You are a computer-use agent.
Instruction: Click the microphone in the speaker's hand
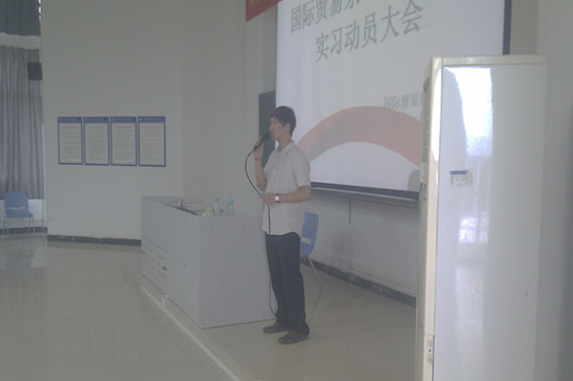click(x=260, y=142)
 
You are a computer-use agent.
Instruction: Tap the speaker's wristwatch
click(x=278, y=198)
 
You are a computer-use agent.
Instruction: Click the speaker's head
click(x=283, y=121)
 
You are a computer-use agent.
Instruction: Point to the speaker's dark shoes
click(x=286, y=334)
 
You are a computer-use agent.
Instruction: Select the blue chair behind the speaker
click(x=309, y=235)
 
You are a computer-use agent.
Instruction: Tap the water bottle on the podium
click(x=230, y=204)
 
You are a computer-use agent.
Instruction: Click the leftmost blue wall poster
click(x=70, y=140)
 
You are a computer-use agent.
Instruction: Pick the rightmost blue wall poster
click(x=152, y=141)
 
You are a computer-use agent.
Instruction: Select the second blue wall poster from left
click(x=97, y=140)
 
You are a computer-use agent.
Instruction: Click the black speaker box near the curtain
click(x=35, y=71)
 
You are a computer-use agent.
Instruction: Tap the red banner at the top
click(x=261, y=7)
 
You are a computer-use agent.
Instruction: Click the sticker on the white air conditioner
click(x=460, y=178)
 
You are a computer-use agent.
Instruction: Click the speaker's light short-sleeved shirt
click(x=287, y=183)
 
